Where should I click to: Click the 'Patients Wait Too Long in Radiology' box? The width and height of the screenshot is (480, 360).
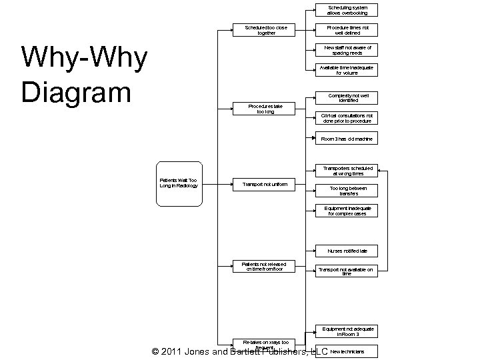179,183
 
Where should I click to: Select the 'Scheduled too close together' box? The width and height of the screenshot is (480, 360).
266,30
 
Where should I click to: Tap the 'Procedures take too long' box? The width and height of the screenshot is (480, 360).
265,109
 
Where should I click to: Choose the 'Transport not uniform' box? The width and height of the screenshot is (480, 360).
265,184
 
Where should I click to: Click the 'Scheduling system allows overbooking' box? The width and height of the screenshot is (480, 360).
347,10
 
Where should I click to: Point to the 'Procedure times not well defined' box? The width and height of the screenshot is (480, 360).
347,30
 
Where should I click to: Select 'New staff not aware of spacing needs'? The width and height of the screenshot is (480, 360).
347,50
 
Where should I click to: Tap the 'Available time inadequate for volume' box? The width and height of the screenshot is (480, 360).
347,70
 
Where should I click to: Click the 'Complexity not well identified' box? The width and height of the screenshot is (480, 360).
347,98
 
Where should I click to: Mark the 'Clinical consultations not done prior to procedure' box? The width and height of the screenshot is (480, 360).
347,118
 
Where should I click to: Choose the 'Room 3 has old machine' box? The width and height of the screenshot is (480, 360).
347,139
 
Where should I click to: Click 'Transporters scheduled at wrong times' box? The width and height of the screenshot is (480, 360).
347,171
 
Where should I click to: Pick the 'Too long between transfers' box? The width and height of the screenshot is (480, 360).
347,191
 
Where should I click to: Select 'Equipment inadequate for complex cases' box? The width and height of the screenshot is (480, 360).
347,211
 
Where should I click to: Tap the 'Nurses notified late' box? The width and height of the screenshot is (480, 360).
347,251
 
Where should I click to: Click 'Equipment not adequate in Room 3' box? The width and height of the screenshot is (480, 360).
347,331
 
